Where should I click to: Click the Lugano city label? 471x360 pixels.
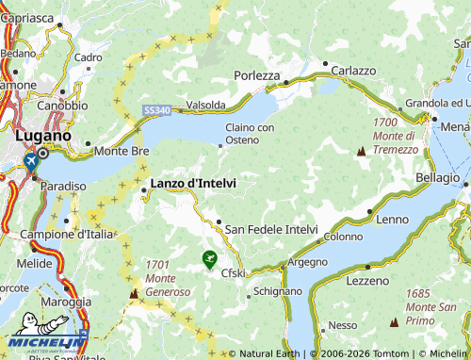tap(43, 135)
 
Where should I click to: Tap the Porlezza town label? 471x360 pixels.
tap(257, 75)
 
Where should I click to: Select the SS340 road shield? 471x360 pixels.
tap(157, 111)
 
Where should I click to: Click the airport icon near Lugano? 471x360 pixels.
tap(32, 162)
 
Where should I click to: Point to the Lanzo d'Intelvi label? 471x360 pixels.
tap(193, 182)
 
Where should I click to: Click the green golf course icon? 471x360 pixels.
tap(209, 257)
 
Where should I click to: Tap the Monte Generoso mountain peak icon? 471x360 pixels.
tap(133, 294)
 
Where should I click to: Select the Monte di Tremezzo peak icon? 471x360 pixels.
tap(360, 151)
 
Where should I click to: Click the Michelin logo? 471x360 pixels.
tap(44, 343)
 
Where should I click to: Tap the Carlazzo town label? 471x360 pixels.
tap(353, 71)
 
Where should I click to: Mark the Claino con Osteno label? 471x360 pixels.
tap(250, 134)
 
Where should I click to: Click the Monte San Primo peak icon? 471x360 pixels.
tap(394, 321)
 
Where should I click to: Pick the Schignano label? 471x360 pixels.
tap(279, 292)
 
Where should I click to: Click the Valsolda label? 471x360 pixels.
tap(206, 105)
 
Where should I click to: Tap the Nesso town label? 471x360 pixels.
tap(343, 325)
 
